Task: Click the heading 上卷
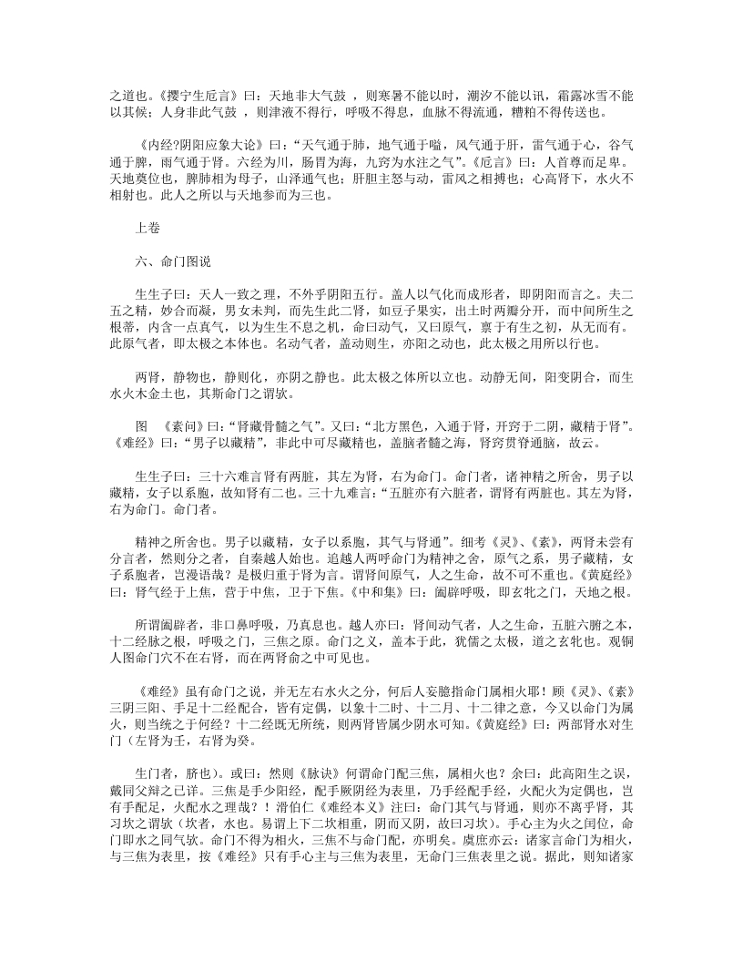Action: (145, 230)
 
